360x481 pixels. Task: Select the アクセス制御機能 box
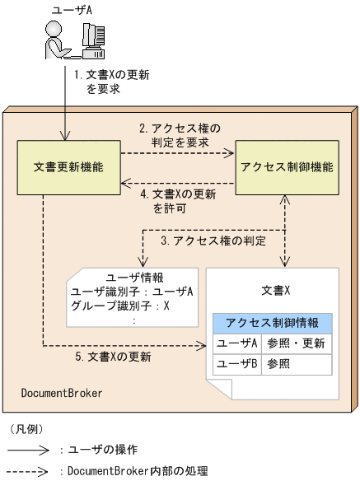tap(287, 167)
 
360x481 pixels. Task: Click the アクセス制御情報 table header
tap(272, 322)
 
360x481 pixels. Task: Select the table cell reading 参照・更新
tap(297, 343)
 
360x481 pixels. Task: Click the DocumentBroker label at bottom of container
tap(62, 394)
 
